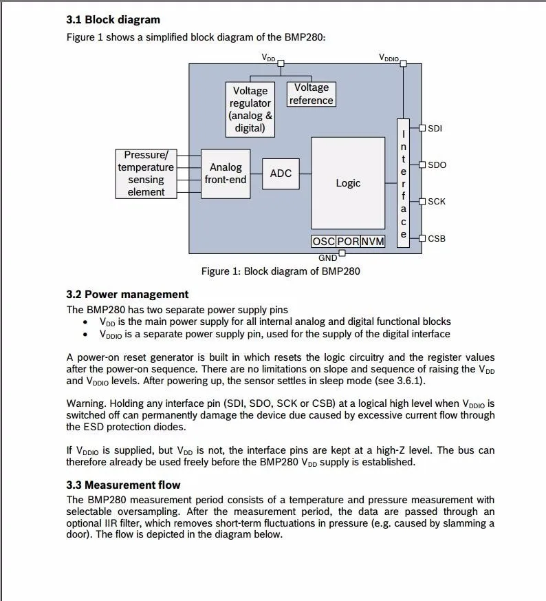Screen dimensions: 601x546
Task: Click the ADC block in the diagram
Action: (281, 173)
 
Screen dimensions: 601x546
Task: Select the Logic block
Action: (348, 183)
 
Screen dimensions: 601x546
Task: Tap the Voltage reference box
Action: (312, 94)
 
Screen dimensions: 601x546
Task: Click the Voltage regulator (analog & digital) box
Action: (250, 109)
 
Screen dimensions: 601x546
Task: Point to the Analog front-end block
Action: (226, 173)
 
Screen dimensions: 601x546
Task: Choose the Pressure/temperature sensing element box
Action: (146, 173)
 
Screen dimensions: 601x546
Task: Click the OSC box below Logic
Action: (323, 242)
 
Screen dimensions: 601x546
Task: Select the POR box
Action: (348, 242)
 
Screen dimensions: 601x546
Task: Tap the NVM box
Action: (373, 242)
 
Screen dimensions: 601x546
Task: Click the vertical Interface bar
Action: (403, 182)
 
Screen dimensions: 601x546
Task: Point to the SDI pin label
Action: (435, 128)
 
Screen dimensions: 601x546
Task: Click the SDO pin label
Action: (437, 165)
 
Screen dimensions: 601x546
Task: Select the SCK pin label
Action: (437, 202)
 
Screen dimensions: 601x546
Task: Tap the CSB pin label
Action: (437, 239)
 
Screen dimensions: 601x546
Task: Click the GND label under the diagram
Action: (327, 258)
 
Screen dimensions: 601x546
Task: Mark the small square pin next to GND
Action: (342, 253)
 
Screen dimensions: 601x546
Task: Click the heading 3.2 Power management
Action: (127, 294)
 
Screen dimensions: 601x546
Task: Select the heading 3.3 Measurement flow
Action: (123, 485)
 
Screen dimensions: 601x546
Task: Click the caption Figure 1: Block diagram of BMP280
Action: (281, 271)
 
